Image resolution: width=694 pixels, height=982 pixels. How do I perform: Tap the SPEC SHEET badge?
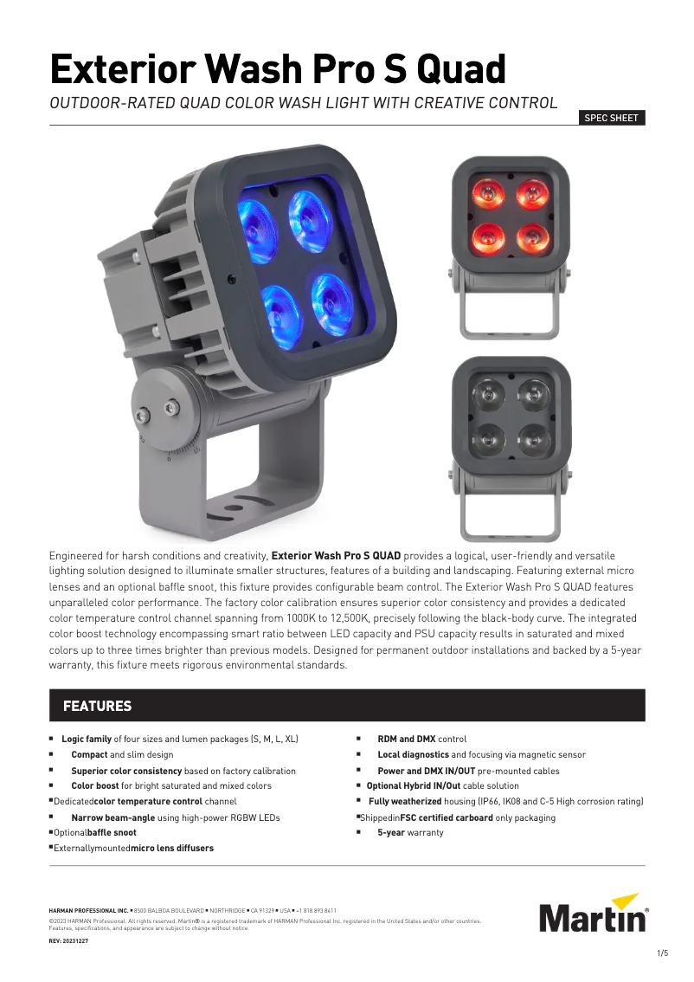click(x=612, y=118)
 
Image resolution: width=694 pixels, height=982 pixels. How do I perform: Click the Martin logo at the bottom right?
click(x=594, y=913)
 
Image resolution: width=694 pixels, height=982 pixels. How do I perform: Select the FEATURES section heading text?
click(x=97, y=707)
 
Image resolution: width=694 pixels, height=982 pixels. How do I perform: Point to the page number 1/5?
click(x=663, y=953)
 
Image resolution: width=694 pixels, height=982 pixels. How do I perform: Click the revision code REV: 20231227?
click(x=68, y=940)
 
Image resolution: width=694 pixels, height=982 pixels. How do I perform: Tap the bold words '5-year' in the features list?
click(x=391, y=833)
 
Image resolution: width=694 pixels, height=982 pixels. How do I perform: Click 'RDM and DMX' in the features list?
click(x=407, y=740)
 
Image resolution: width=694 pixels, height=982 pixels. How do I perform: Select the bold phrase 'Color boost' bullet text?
click(x=95, y=786)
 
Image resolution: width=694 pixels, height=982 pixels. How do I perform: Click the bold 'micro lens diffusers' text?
click(x=172, y=849)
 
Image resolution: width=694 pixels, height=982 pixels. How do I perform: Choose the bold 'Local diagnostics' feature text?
click(x=414, y=755)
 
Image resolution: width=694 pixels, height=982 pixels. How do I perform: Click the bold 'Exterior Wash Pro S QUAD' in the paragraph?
click(x=336, y=555)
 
